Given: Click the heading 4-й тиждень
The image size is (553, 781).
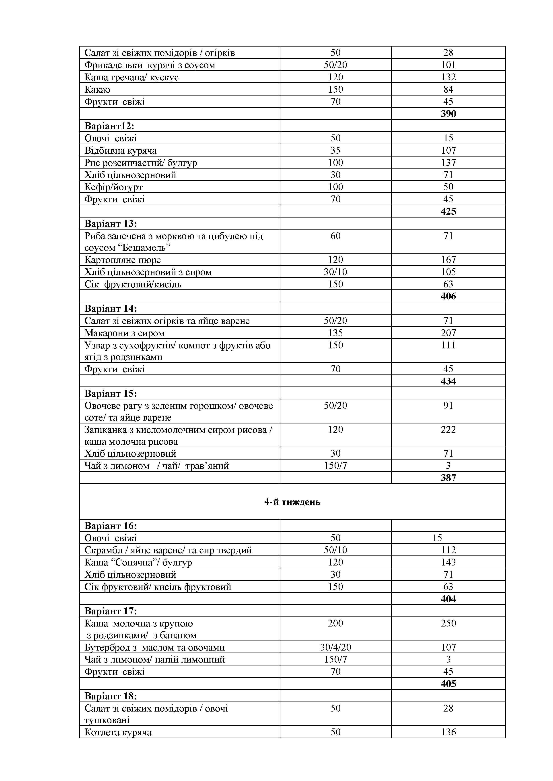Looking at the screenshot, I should click(x=292, y=502).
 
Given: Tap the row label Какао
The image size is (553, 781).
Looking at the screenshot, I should click(x=97, y=89).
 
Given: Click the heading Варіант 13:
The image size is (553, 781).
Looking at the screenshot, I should click(x=111, y=224).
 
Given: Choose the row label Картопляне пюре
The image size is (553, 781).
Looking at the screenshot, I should click(x=123, y=260).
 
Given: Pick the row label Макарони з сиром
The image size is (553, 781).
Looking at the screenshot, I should click(x=125, y=333).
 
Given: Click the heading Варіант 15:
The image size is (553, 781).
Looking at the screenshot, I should click(x=111, y=394).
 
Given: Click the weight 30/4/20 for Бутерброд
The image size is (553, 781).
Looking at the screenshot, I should click(x=335, y=647).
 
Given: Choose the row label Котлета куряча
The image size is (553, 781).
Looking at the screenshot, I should click(x=118, y=732).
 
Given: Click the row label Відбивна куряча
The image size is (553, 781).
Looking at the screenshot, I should click(x=121, y=150).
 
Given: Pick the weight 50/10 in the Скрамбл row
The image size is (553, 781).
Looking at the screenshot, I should click(x=335, y=550).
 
